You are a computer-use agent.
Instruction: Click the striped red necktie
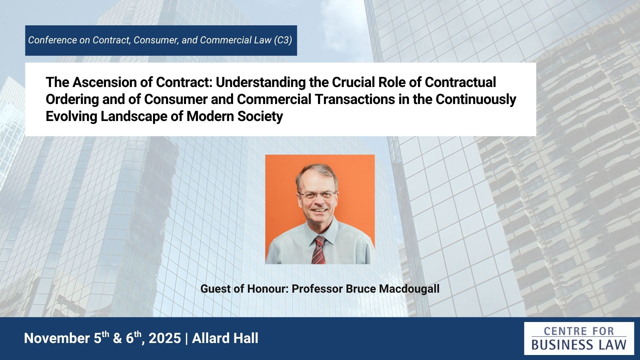tap(319, 250)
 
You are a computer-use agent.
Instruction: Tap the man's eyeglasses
tap(317, 195)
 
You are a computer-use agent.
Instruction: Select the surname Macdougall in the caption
tap(409, 289)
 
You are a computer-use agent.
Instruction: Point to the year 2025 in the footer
tap(165, 338)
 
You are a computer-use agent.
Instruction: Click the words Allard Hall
tap(225, 338)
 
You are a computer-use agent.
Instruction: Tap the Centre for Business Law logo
tap(579, 338)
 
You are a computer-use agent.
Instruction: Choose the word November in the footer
tap(57, 338)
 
